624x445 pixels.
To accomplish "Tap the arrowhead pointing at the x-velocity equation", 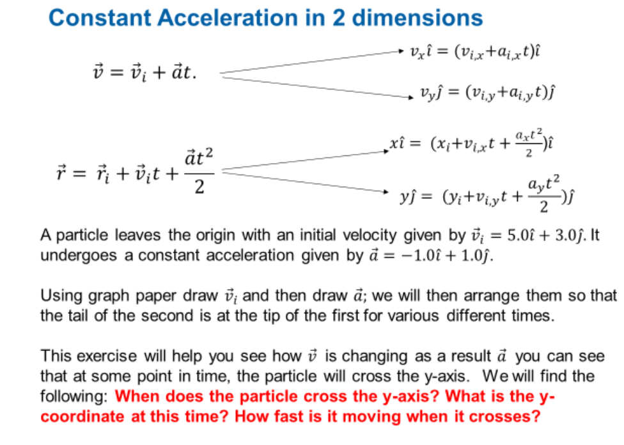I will pos(401,49).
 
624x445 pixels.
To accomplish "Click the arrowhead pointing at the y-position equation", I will pos(384,191).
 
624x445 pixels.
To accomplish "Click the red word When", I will pos(134,396).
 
